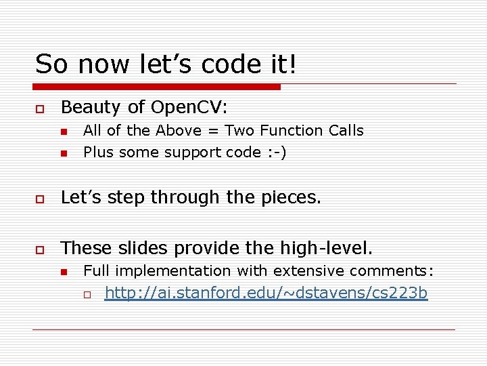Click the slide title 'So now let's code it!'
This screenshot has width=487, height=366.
pos(166,64)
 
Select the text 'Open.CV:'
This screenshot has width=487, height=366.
pos(191,108)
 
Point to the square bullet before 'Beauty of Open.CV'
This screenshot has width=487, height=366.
pos(40,108)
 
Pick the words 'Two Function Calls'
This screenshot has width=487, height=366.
pos(294,131)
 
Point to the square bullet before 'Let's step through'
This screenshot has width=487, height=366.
pos(40,198)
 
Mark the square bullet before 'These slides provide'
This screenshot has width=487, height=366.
pos(40,249)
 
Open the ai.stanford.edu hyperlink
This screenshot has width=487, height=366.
pos(266,293)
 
